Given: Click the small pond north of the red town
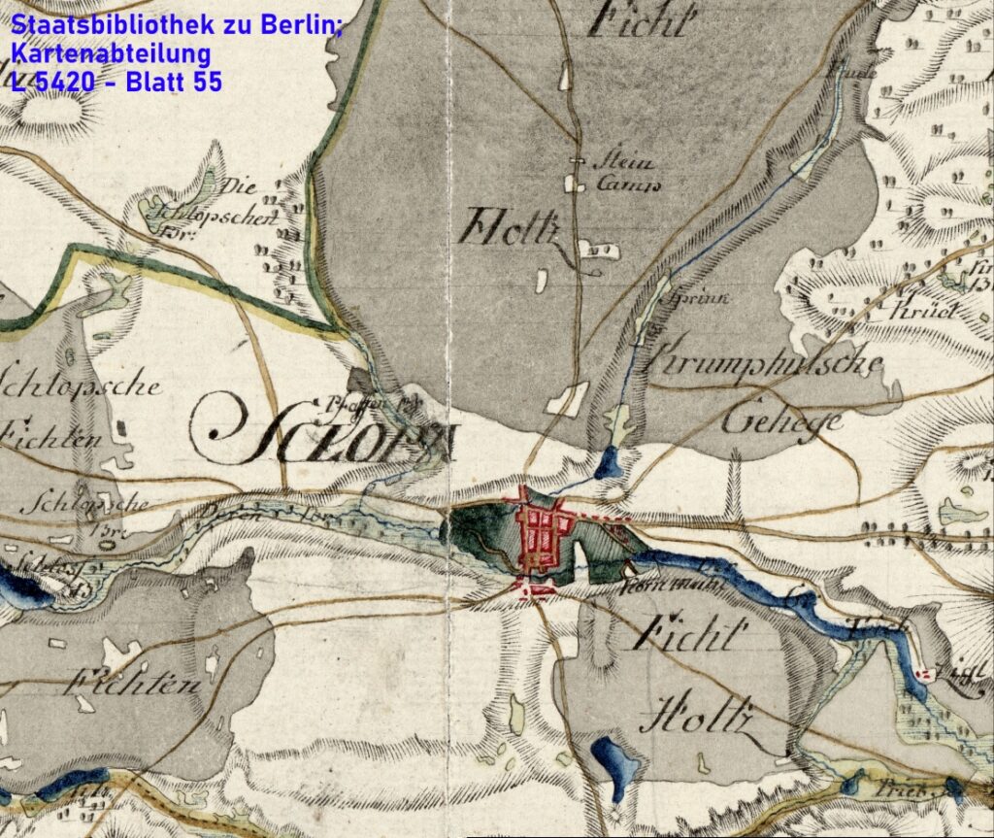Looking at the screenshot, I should click(609, 462).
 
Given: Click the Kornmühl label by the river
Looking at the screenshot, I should click(661, 587).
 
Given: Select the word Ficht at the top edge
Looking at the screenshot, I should click(643, 17).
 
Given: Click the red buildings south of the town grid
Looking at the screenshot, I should click(535, 588).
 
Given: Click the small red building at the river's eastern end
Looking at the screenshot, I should click(924, 671).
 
